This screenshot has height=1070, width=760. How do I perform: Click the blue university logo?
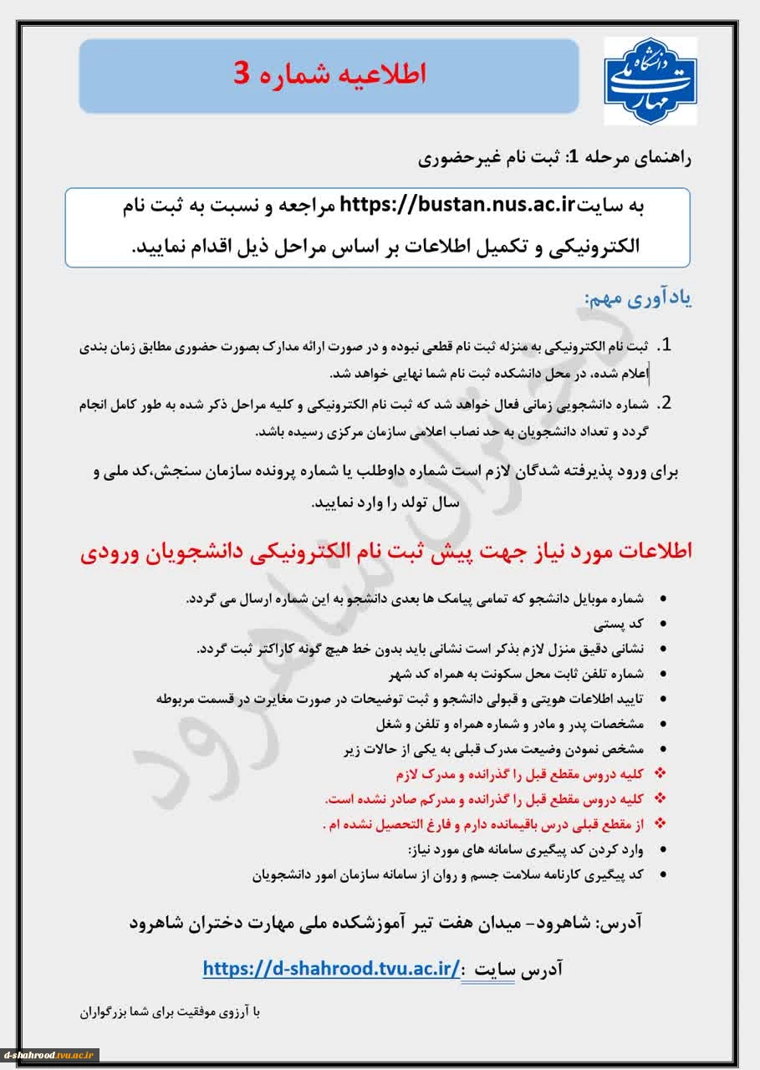(650, 80)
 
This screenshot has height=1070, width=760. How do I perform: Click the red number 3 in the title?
(241, 75)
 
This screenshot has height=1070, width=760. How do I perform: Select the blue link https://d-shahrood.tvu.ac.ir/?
(331, 968)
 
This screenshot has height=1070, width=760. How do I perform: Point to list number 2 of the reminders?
(666, 404)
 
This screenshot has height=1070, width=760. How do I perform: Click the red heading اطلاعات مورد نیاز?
(386, 552)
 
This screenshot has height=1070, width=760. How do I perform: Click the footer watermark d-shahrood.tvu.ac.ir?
(50, 1055)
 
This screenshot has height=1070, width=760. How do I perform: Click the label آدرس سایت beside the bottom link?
(518, 970)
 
